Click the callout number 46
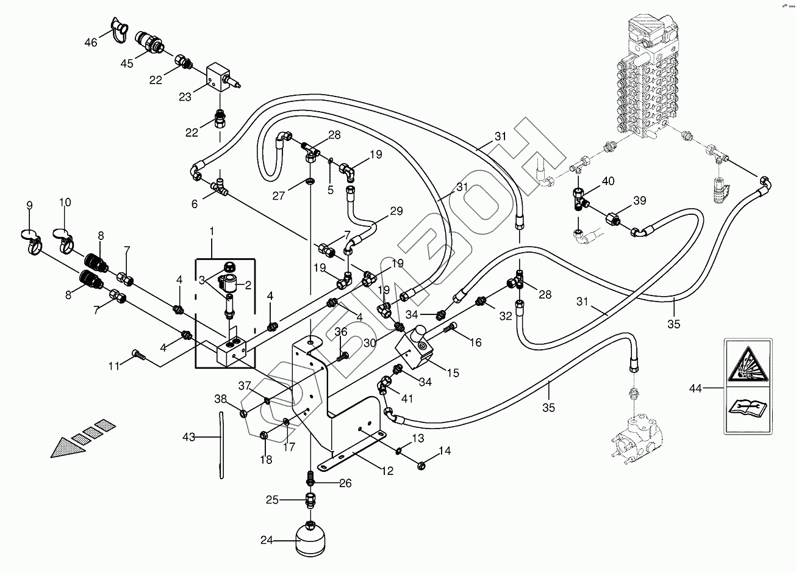[x=90, y=42]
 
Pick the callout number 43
[x=189, y=436]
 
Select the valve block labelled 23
[x=220, y=78]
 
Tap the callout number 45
[x=126, y=63]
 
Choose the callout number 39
[x=639, y=201]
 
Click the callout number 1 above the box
[x=212, y=231]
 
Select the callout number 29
[x=396, y=211]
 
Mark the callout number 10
[x=65, y=202]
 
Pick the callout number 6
[x=195, y=204]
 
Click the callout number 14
[x=445, y=451]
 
